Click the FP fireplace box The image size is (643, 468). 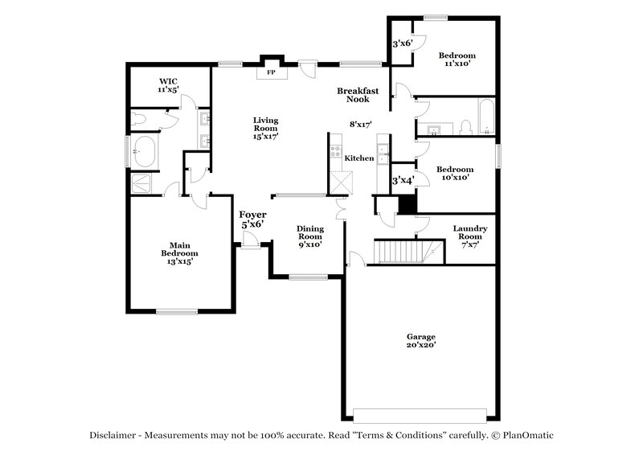271,72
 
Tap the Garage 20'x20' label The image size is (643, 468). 420,341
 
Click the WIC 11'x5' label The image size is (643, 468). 168,85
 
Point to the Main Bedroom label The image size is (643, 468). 179,253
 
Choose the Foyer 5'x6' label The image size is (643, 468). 252,219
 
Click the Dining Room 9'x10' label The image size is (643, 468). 309,236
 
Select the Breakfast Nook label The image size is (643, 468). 358,96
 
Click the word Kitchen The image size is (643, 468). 359,158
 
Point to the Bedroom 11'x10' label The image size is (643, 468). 456,60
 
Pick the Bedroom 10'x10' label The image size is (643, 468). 454,174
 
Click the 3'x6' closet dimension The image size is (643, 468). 402,43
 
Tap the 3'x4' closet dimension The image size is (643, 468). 402,181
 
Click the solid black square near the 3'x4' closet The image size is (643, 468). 408,205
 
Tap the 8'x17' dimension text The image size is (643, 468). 360,125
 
